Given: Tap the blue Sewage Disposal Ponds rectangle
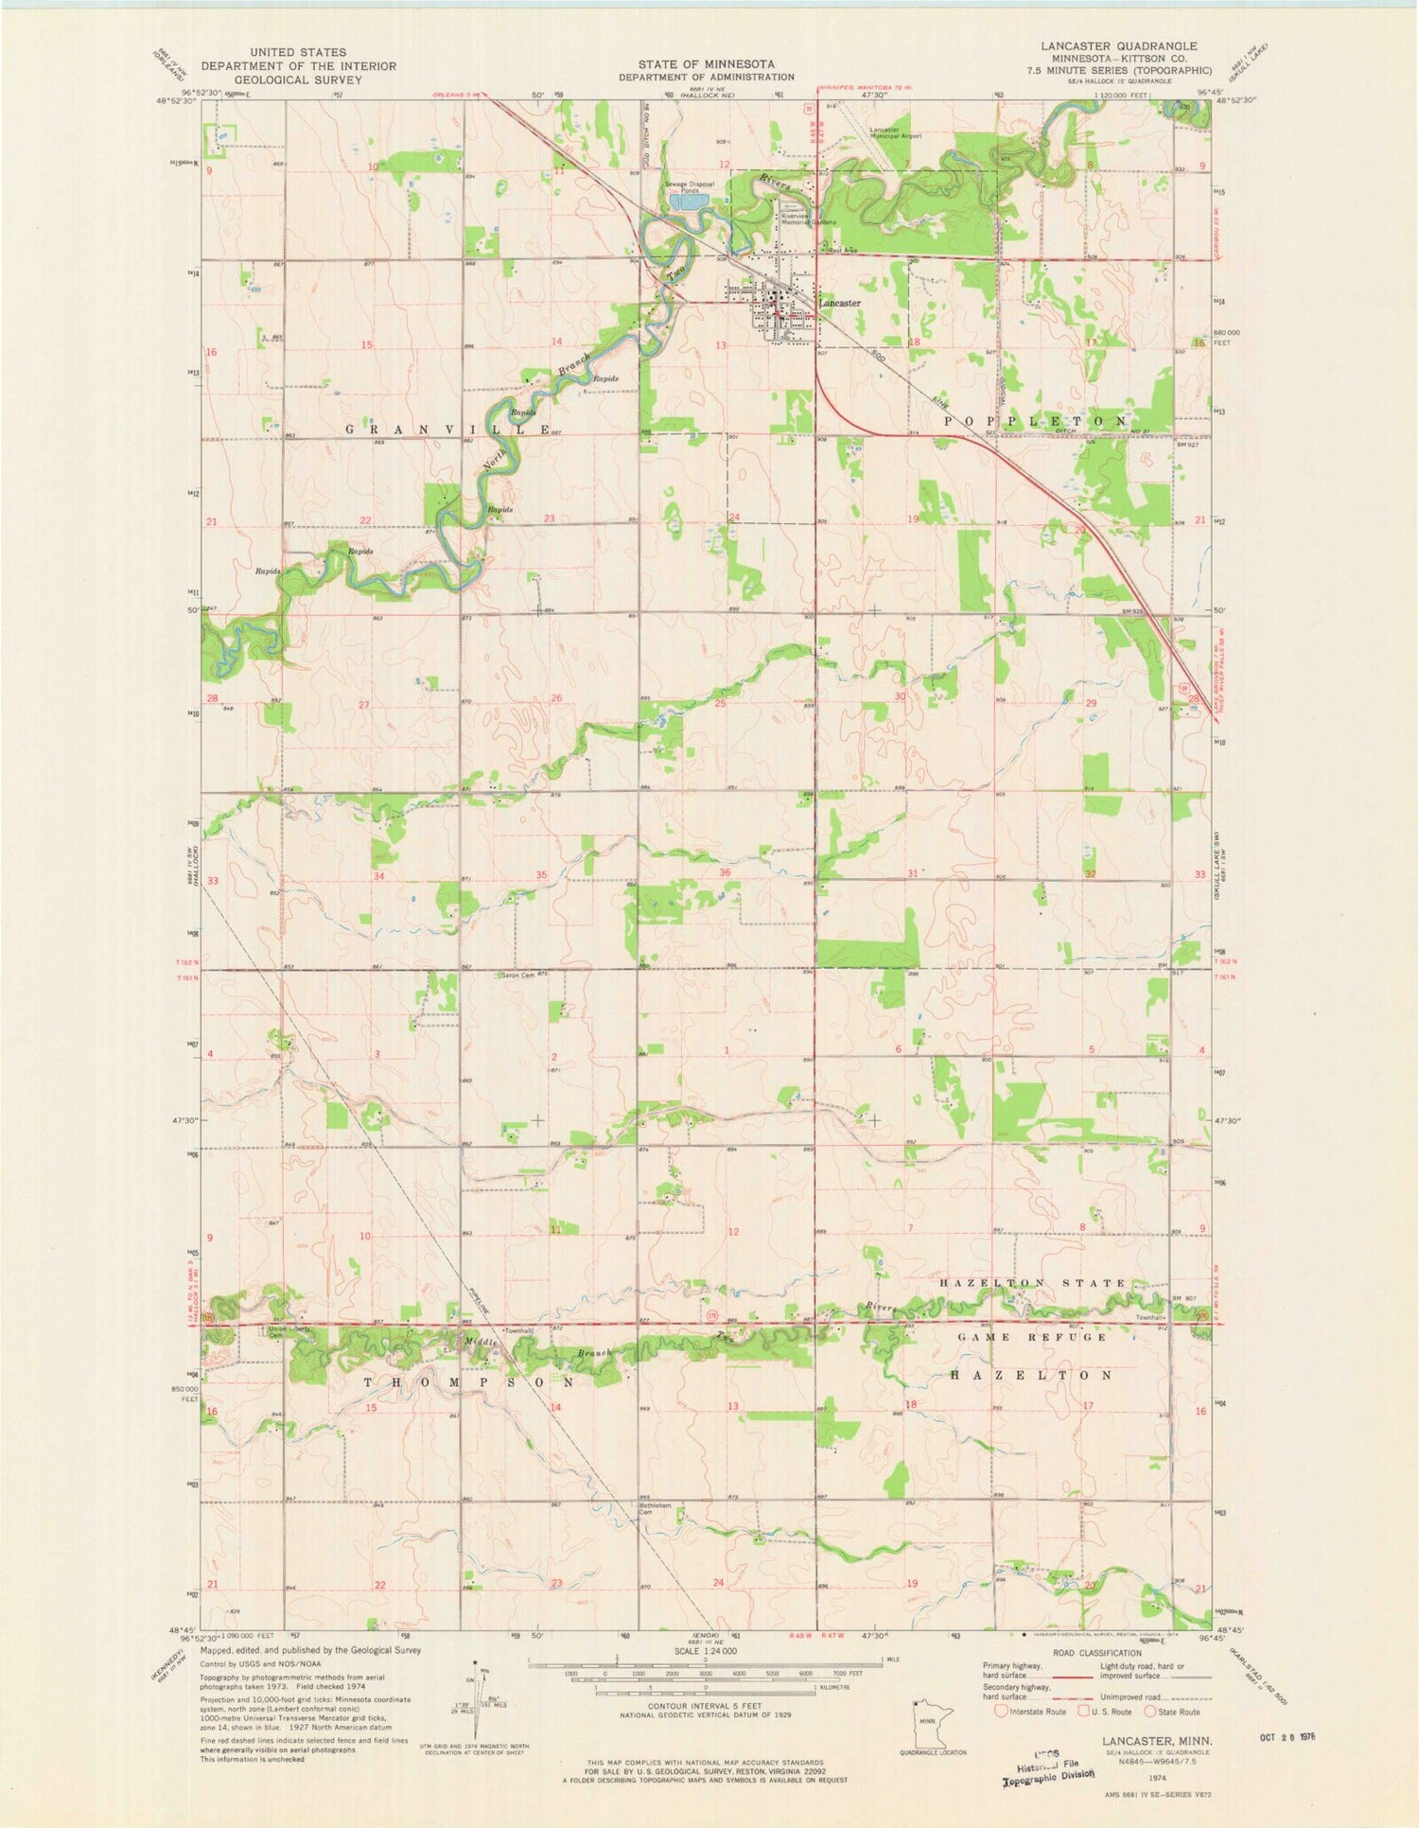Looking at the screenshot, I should (x=688, y=201).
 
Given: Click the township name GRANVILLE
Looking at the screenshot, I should (x=448, y=430).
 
